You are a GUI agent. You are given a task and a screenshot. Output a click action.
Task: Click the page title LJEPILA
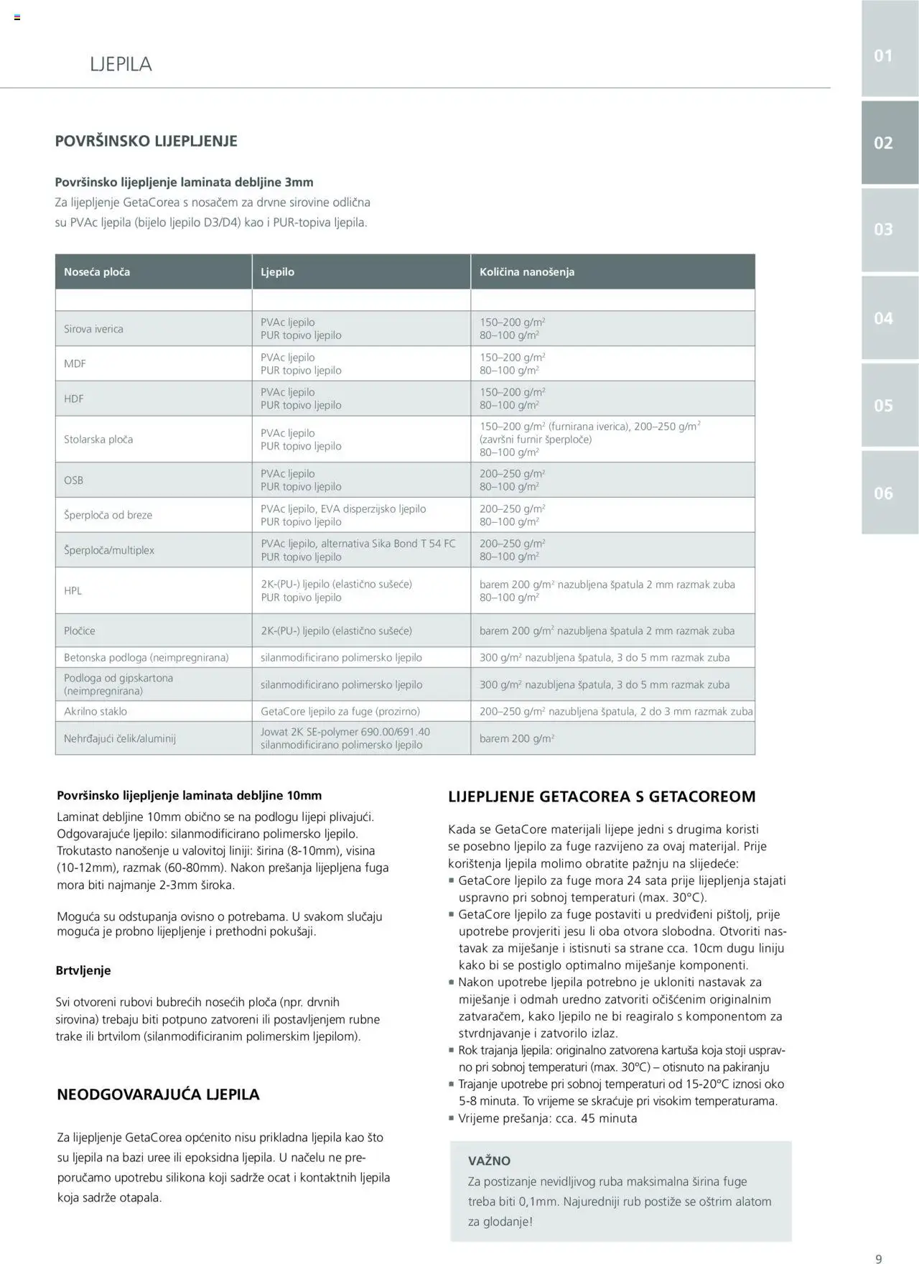(121, 64)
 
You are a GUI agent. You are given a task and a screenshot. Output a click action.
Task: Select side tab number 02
(884, 143)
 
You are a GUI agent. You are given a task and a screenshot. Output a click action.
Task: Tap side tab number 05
(884, 406)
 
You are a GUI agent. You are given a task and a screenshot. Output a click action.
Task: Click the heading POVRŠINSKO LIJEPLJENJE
(146, 141)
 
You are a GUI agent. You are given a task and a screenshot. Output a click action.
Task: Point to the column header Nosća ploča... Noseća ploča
(97, 272)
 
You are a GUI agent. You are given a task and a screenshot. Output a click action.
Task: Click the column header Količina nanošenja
(527, 272)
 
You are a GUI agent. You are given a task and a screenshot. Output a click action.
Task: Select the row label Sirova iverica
(93, 329)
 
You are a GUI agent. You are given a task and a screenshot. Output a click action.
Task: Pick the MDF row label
(75, 364)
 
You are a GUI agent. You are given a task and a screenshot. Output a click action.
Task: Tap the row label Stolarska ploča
(98, 440)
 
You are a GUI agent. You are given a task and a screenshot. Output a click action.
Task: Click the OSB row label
(73, 480)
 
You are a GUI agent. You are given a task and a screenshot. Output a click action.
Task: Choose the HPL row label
(73, 591)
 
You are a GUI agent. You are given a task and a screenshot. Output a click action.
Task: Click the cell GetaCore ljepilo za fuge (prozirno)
(340, 712)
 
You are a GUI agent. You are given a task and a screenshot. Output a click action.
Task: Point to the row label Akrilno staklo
(95, 712)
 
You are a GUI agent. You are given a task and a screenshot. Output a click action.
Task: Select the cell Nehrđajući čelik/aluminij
(120, 738)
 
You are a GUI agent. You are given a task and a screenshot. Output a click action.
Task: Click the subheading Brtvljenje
(83, 970)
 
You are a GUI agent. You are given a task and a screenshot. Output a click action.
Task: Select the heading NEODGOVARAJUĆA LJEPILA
(158, 1095)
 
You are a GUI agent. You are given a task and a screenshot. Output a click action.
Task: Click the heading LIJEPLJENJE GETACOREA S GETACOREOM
(602, 796)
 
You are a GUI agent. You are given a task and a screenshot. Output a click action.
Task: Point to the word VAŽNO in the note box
(489, 1161)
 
